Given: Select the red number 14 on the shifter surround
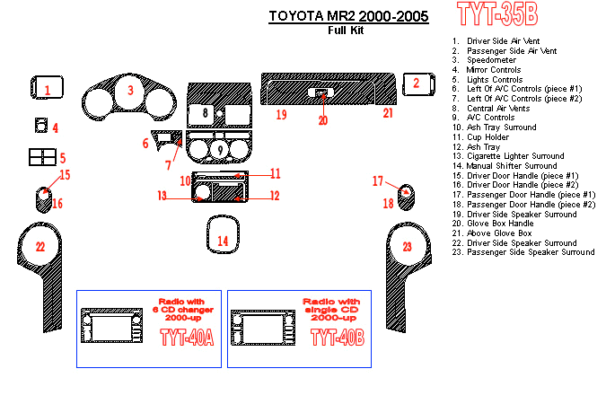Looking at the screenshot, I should (x=224, y=241).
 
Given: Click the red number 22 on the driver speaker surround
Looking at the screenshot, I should (x=40, y=246).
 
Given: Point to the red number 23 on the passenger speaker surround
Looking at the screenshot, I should (x=407, y=246).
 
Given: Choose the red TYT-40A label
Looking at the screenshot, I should (x=186, y=337).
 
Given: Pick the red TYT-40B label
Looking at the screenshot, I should (x=337, y=337).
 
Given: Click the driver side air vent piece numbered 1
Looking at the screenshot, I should (x=48, y=87).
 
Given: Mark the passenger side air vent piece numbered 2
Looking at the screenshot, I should (x=416, y=83).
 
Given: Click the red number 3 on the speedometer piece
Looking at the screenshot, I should (x=130, y=90).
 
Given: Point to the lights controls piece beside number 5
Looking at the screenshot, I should (x=41, y=157).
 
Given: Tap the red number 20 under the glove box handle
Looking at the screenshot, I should (x=323, y=120).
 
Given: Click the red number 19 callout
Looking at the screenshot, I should (x=281, y=115).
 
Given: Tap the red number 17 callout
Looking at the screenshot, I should (x=378, y=181).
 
